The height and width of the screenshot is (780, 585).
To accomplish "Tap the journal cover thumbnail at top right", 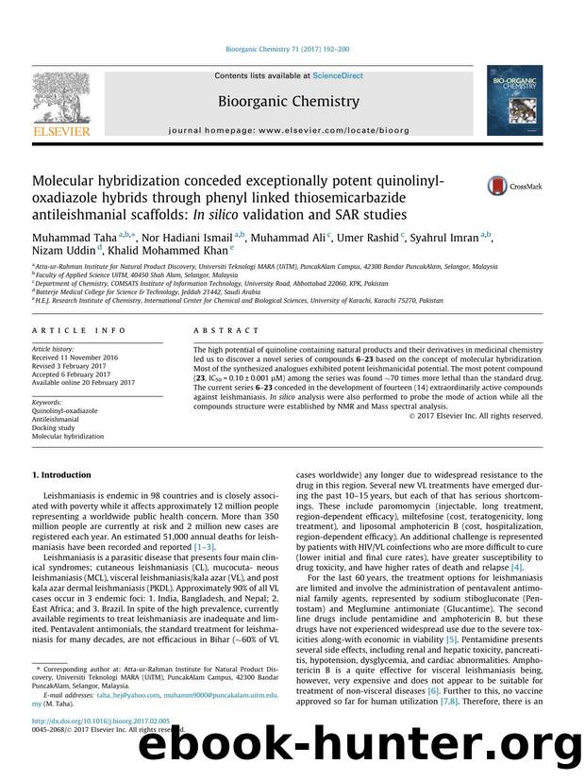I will click(x=516, y=102).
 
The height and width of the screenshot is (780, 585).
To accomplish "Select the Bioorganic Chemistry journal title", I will click(x=289, y=101).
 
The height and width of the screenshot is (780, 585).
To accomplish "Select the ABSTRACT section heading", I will click(x=227, y=331).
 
